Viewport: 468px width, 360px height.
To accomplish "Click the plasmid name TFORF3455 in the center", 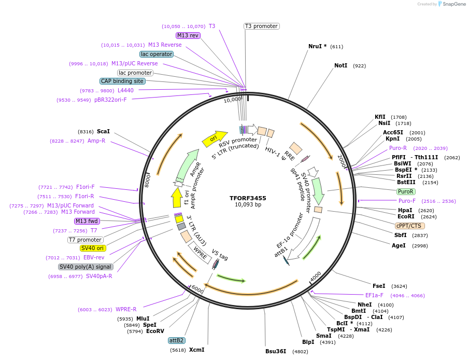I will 248,198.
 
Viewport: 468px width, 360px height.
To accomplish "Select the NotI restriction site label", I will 341,66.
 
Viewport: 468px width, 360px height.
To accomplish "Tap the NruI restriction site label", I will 317,46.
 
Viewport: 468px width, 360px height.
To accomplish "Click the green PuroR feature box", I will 405,191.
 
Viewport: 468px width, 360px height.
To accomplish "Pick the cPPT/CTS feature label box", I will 410,226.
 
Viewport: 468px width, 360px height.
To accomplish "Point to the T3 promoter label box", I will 261,26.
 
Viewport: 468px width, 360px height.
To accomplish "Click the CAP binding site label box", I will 122,81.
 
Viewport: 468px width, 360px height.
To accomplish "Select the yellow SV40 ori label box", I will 93,248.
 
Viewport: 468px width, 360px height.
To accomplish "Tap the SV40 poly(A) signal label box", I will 86,267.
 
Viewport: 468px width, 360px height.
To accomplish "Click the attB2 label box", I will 176,340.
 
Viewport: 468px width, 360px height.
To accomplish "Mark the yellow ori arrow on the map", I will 214,137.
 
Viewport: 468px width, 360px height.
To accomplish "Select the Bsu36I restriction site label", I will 276,351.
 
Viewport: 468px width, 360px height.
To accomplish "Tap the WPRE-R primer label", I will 126,309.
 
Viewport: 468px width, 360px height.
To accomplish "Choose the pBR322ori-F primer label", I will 110,100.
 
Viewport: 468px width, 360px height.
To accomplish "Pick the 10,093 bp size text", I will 248,205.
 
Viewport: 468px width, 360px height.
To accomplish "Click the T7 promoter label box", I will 85,240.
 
